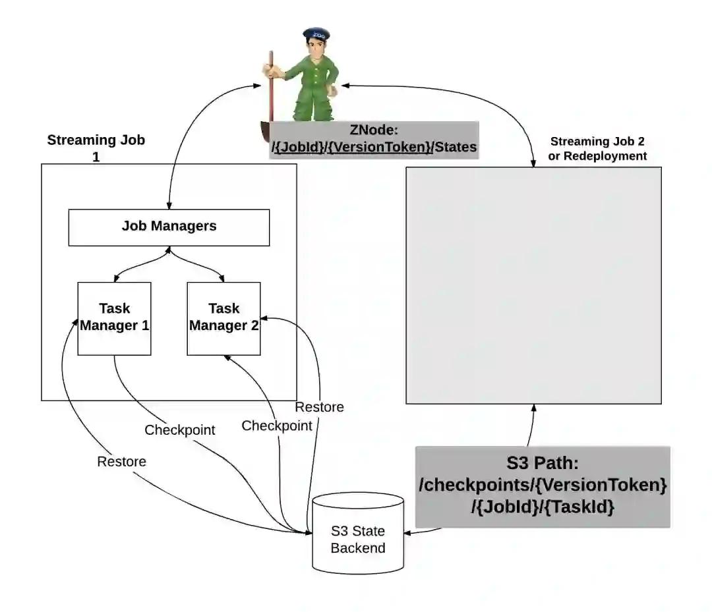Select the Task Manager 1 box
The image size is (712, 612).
114,318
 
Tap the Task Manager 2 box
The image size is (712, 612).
223,318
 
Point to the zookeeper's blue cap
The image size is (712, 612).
316,34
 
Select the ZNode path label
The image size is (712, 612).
374,139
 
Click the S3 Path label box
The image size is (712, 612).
543,487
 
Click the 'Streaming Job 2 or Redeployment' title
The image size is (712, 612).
599,148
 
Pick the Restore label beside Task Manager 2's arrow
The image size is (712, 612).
319,407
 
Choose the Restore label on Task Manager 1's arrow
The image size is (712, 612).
121,462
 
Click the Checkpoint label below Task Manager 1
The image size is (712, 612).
180,430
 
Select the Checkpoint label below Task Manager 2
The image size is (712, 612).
277,426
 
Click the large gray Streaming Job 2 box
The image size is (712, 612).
533,285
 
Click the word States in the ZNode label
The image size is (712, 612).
456,147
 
